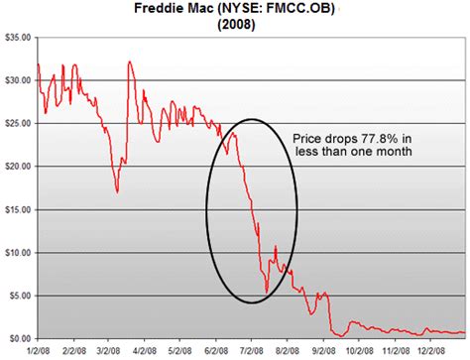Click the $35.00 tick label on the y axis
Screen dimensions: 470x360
(18, 38)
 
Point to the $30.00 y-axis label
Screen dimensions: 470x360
(18, 80)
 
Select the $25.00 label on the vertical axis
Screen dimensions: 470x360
(18, 123)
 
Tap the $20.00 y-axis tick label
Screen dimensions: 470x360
(18, 167)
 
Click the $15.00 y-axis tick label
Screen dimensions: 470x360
(18, 209)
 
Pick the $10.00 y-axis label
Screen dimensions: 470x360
(18, 253)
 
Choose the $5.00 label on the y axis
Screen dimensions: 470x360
(20, 296)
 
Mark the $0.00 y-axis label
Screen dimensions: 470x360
(20, 338)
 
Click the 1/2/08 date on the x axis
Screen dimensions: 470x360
(38, 350)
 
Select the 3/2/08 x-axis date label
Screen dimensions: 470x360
(108, 350)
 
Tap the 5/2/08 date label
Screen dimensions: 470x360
(179, 350)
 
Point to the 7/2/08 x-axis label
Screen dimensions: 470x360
(251, 350)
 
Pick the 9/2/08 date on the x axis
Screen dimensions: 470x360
(323, 350)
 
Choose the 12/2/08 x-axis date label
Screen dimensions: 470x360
(430, 350)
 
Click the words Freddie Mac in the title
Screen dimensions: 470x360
(174, 8)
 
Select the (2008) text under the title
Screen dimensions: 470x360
(236, 25)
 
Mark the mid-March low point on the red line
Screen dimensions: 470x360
(117, 191)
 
